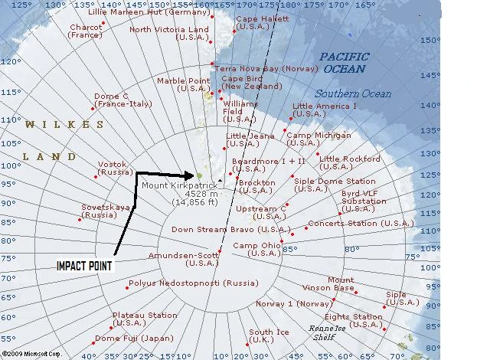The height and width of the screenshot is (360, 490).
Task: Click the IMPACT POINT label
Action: coord(84,266)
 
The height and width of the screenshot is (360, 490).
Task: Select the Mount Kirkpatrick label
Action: coord(178,185)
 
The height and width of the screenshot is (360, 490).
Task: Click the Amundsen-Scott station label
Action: coord(183,258)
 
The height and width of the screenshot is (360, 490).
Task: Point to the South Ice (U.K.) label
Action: coord(269,336)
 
